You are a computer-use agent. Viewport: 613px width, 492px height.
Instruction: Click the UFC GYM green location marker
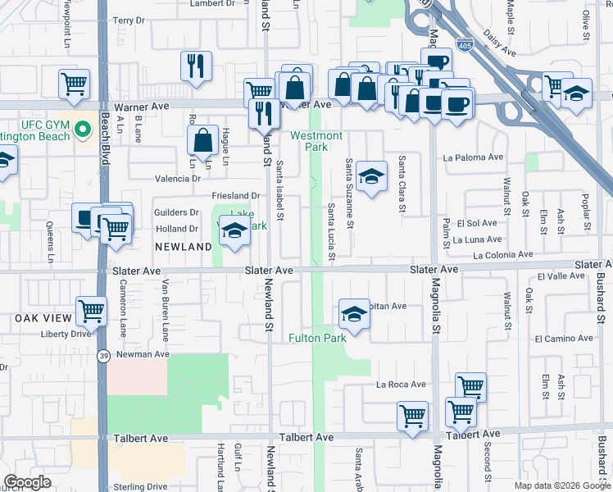82,130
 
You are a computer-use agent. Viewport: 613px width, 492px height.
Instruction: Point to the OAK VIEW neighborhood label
39,317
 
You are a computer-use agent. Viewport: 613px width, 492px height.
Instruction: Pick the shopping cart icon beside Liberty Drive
91,311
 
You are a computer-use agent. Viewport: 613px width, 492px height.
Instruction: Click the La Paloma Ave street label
472,157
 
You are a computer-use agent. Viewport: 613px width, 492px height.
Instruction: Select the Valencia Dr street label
178,178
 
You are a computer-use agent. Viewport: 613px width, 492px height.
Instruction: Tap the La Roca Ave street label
401,384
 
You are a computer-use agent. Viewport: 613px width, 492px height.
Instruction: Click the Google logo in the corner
27,482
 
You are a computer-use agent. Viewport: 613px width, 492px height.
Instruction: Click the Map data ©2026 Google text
561,485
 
